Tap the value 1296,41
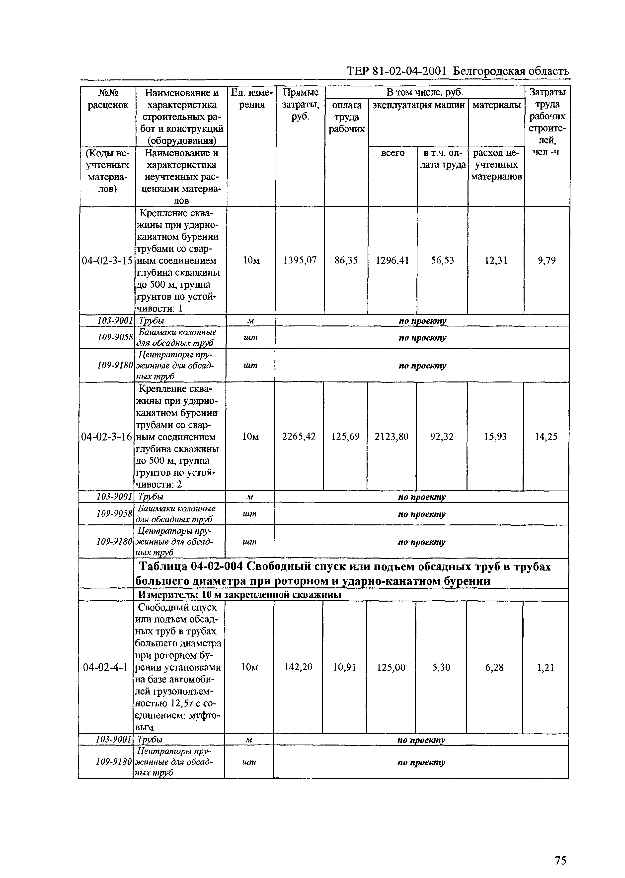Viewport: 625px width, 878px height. click(392, 260)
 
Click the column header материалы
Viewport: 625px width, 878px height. click(496, 105)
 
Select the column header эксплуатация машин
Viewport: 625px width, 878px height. click(418, 105)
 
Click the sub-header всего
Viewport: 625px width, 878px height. click(392, 153)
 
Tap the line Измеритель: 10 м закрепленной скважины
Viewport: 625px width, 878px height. click(240, 595)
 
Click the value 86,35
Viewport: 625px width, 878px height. click(346, 260)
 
